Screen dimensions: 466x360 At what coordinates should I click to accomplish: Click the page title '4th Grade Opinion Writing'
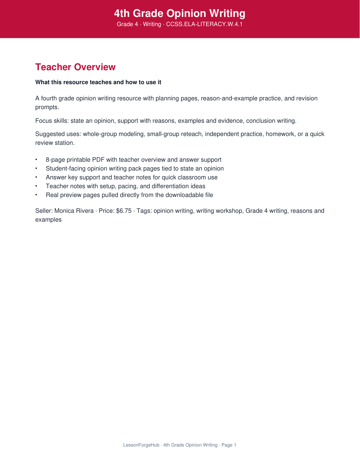pos(180,14)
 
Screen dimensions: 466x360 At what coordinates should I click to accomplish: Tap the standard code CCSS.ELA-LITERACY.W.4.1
pos(204,24)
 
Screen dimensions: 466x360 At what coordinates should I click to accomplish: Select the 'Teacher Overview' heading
pos(75,67)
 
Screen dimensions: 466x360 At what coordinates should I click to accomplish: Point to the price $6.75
pos(124,211)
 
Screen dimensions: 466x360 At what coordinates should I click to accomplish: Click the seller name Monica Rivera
pos(74,211)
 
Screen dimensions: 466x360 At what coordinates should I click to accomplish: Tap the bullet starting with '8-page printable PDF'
pos(133,160)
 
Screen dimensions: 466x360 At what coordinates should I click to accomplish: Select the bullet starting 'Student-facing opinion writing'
pos(134,169)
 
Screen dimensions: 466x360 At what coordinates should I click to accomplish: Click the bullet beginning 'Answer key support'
pos(132,178)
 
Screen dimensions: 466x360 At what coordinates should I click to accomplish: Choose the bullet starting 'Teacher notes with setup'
pos(125,186)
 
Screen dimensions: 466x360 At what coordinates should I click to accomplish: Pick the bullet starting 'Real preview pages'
pos(129,195)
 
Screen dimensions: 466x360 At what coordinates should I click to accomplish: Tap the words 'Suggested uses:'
pos(58,134)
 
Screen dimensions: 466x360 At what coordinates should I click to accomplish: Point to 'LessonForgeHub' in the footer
pos(141,445)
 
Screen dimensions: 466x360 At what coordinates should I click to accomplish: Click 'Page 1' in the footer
pos(229,445)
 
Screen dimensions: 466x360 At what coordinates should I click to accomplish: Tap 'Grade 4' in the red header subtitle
pos(127,24)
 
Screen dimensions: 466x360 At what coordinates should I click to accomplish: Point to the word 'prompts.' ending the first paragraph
pos(47,107)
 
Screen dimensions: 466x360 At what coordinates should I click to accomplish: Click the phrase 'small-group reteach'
pos(174,134)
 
